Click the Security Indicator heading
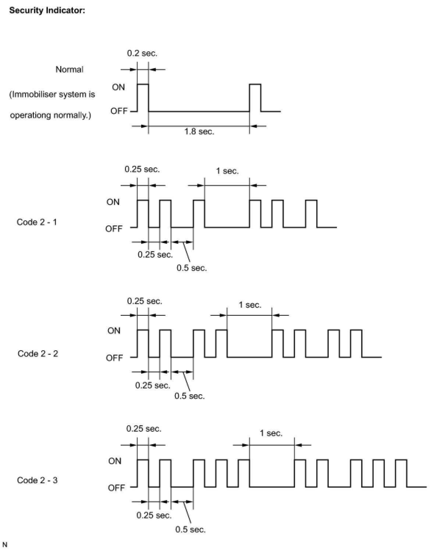click(47, 10)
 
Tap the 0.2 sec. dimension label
click(142, 53)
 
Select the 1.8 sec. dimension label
click(199, 131)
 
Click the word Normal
click(69, 69)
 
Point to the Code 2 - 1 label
click(37, 222)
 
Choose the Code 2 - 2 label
click(38, 354)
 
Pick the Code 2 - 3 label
click(37, 480)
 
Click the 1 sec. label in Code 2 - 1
click(227, 171)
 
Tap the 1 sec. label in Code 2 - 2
click(250, 305)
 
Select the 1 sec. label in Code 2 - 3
click(271, 433)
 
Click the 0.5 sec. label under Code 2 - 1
click(192, 268)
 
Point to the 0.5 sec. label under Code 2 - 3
click(190, 529)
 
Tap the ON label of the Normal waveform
click(118, 87)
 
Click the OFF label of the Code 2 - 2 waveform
click(114, 358)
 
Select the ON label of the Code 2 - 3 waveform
click(115, 461)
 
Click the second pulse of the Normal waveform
click(255, 97)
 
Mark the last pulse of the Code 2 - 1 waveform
click(311, 214)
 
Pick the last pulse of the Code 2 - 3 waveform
click(401, 473)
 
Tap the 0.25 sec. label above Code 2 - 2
click(145, 301)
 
